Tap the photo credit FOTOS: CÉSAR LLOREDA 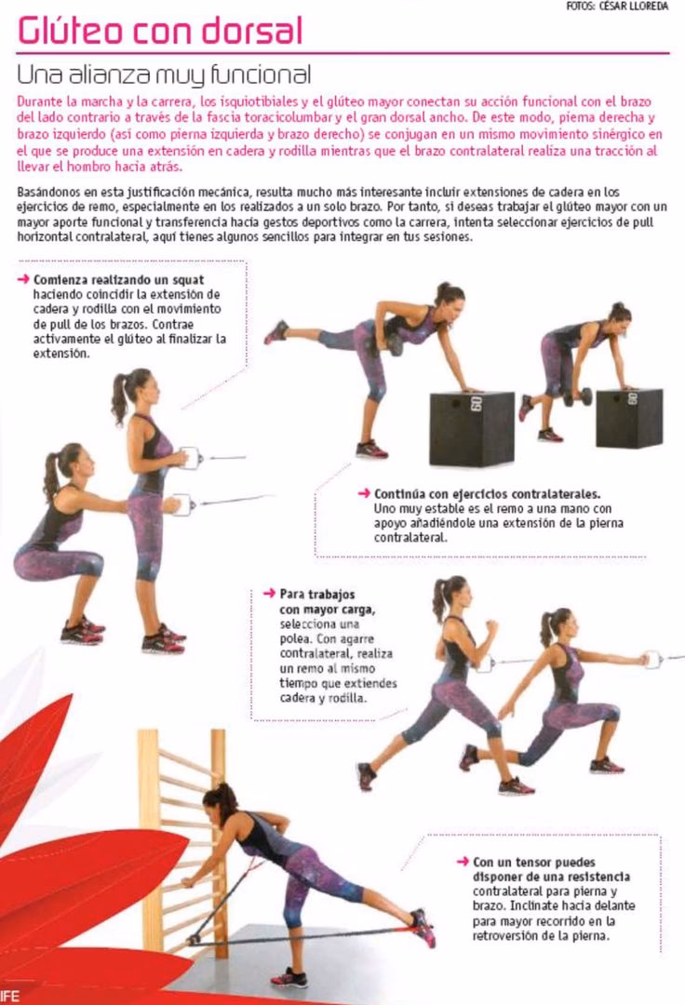616,7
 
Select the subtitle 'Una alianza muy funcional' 164,74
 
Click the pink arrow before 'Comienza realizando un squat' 22,279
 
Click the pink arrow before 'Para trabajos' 269,593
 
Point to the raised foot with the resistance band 423,927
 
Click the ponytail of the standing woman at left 119,395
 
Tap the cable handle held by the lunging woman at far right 652,660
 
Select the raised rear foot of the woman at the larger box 276,331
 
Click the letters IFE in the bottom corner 10,997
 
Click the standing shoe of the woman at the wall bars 289,977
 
